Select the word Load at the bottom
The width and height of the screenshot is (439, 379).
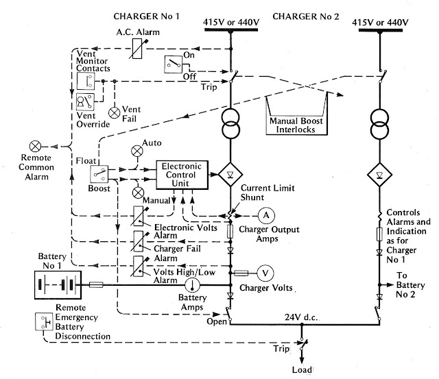tap(302, 370)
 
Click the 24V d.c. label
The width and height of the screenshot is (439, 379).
tap(301, 317)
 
